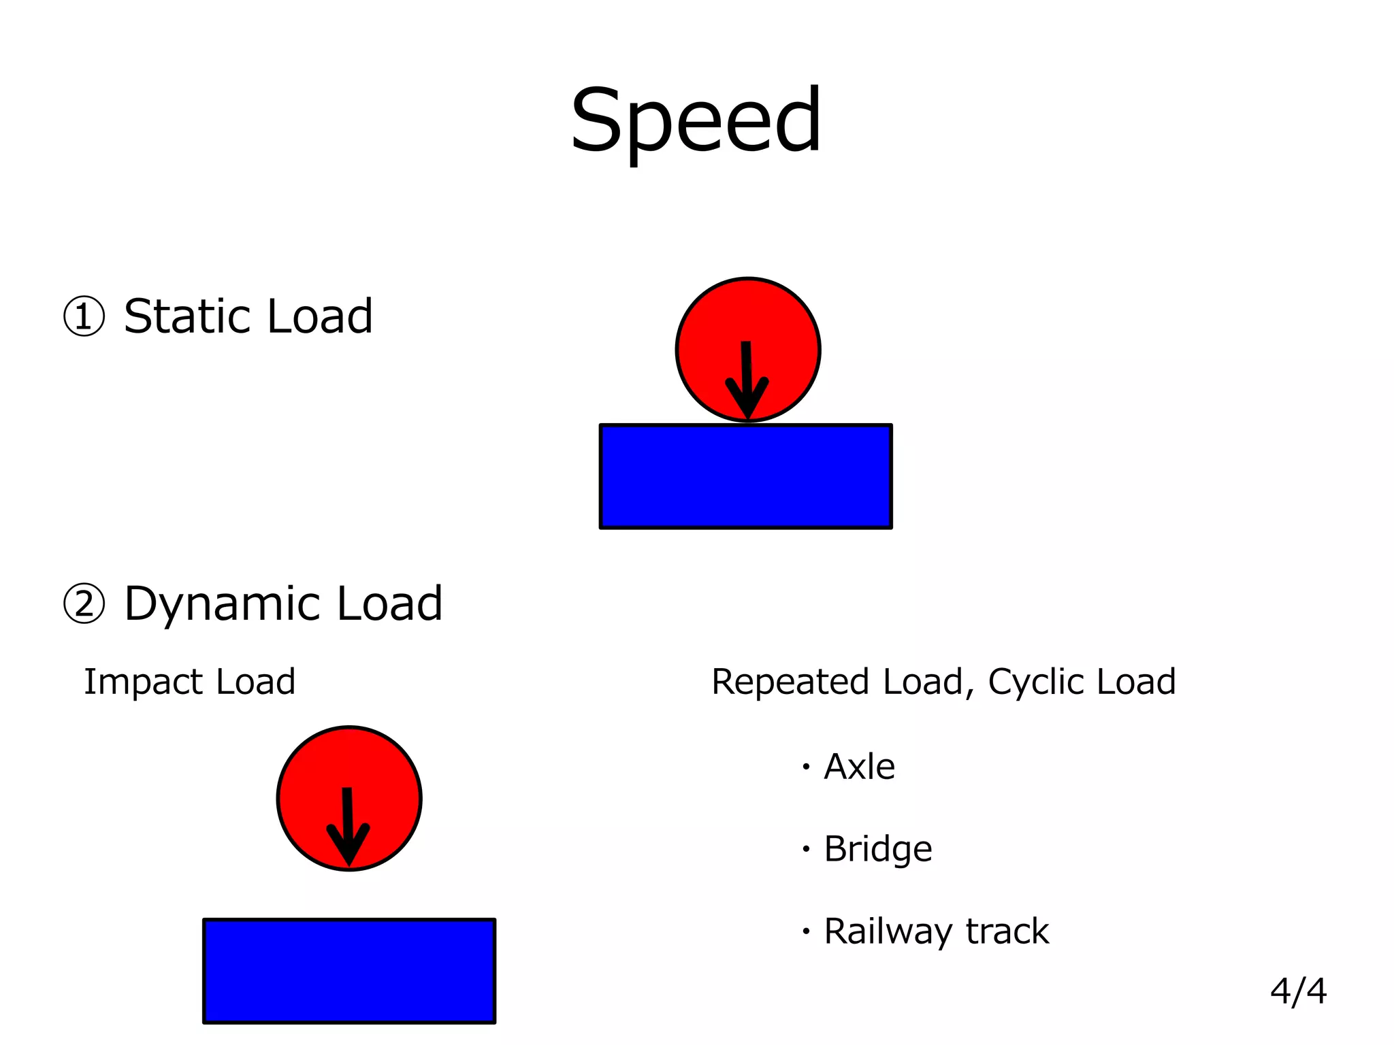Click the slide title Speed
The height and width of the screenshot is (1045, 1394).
pyautogui.click(x=696, y=121)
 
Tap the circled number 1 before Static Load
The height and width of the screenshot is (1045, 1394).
pyautogui.click(x=84, y=317)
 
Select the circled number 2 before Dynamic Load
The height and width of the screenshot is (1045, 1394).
pyautogui.click(x=84, y=604)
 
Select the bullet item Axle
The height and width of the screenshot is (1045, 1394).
pyautogui.click(x=859, y=767)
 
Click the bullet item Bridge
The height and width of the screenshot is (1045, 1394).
pyautogui.click(x=877, y=849)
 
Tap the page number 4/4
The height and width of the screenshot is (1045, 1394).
pyautogui.click(x=1298, y=991)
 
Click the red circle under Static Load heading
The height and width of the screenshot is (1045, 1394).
pyautogui.click(x=708, y=327)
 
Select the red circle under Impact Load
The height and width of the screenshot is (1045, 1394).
pyautogui.click(x=310, y=776)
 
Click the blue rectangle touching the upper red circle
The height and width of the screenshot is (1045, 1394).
pyautogui.click(x=745, y=476)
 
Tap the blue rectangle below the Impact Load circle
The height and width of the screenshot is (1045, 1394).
pyautogui.click(x=348, y=971)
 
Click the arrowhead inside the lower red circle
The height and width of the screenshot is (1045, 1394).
pyautogui.click(x=348, y=846)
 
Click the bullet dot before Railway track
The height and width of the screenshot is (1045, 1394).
pyautogui.click(x=806, y=931)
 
